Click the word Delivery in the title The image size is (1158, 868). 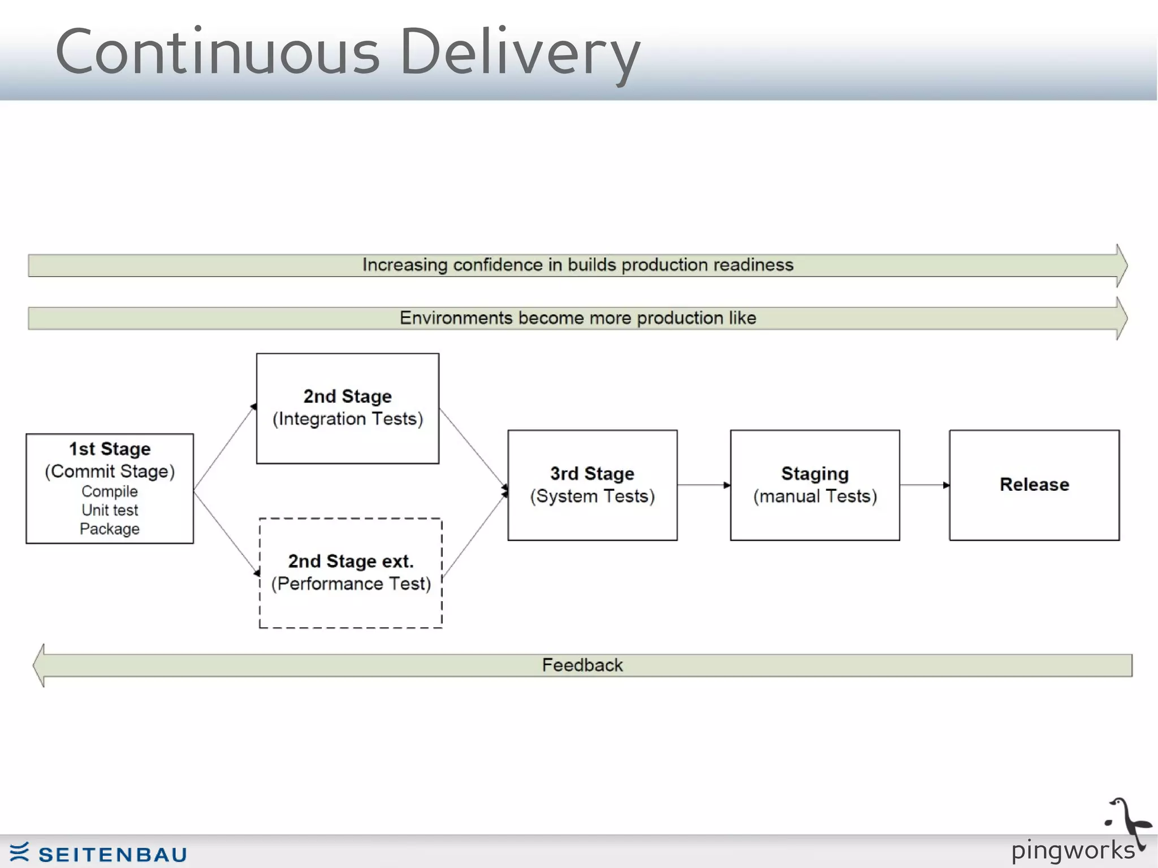[519, 52]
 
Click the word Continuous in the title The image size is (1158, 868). [218, 52]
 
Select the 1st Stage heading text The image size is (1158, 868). [110, 449]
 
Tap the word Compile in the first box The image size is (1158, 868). [110, 491]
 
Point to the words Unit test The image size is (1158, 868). [110, 510]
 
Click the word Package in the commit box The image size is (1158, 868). [110, 529]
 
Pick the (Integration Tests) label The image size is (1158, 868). [348, 419]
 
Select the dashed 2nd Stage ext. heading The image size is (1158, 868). [351, 561]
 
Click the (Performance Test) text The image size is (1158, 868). [351, 584]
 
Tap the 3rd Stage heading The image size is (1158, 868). [592, 473]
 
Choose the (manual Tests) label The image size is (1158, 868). [815, 496]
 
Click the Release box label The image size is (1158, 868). [1034, 485]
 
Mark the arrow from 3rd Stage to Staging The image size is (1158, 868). [703, 485]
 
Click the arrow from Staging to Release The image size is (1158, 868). [924, 485]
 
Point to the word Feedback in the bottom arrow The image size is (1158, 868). [582, 665]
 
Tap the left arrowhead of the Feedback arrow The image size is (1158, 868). [39, 665]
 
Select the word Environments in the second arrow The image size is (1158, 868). [456, 318]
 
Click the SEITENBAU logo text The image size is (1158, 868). [113, 854]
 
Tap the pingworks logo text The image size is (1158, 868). [1073, 850]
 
